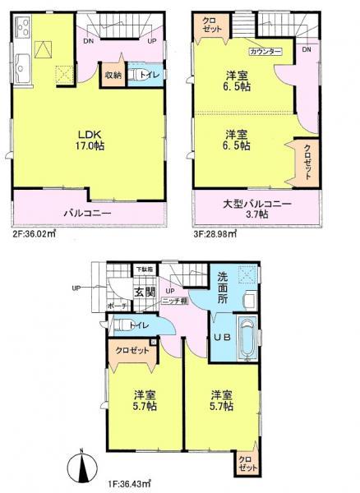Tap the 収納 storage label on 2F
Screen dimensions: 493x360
coord(113,76)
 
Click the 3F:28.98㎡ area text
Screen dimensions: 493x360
coord(216,233)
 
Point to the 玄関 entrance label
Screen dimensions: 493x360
coord(143,292)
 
